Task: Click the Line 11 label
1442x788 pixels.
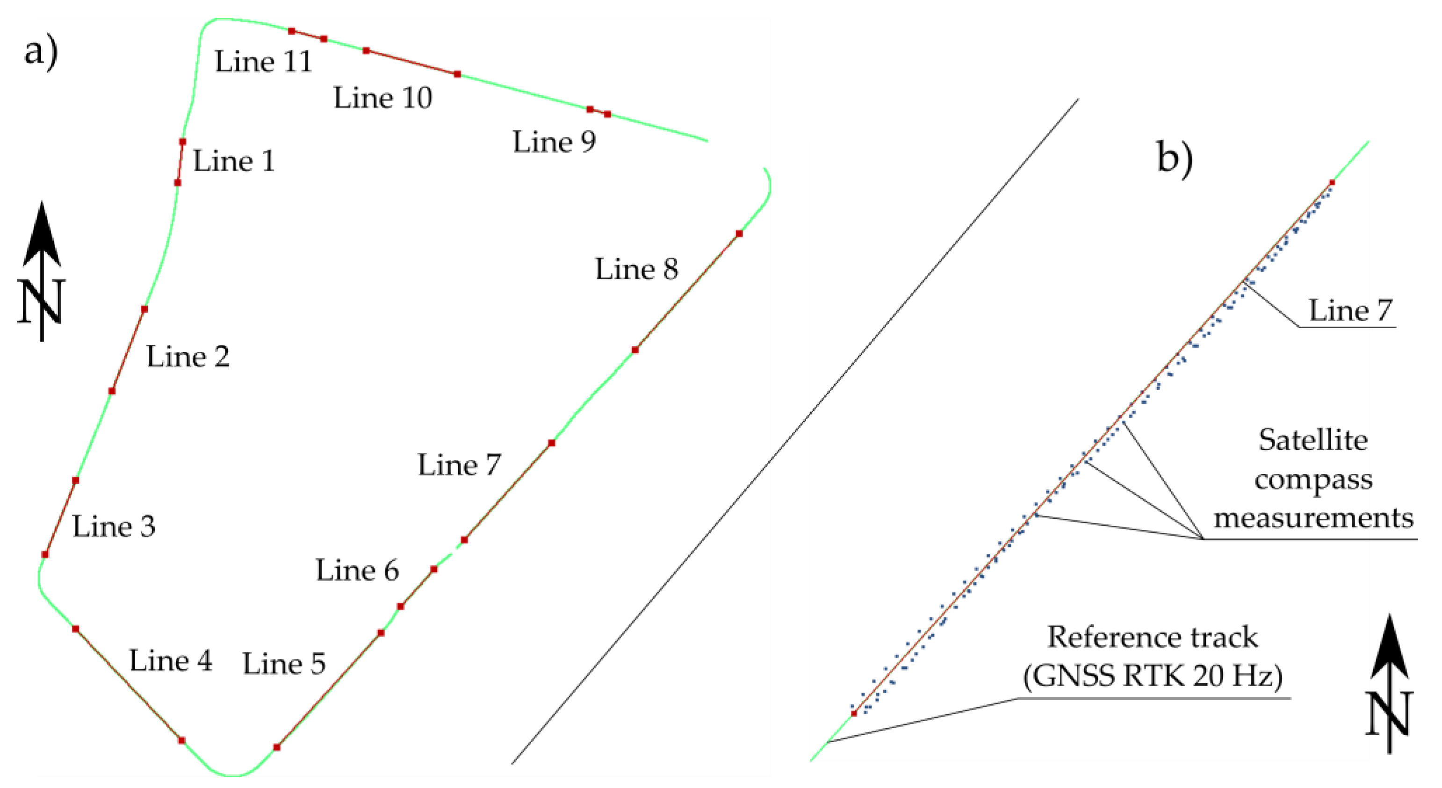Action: [x=263, y=62]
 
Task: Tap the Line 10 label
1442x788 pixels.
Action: [x=383, y=99]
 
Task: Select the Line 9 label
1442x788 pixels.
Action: [x=554, y=142]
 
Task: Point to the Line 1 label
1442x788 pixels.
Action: [x=234, y=162]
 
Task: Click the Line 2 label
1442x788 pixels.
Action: [x=188, y=357]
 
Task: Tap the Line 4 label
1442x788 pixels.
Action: [x=171, y=661]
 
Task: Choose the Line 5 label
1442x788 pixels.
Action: [x=284, y=664]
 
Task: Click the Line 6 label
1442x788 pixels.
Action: [x=357, y=571]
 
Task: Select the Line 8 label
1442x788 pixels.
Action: [x=636, y=270]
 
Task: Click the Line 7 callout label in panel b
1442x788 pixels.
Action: [x=1349, y=311]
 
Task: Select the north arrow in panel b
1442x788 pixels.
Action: [x=1389, y=683]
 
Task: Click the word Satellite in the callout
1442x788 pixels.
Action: [x=1313, y=440]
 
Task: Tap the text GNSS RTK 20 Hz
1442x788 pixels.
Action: [x=1153, y=676]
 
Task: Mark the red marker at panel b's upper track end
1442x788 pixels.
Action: [x=1332, y=182]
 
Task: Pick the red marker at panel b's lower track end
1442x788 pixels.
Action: [x=854, y=714]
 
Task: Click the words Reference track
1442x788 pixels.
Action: [x=1153, y=638]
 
